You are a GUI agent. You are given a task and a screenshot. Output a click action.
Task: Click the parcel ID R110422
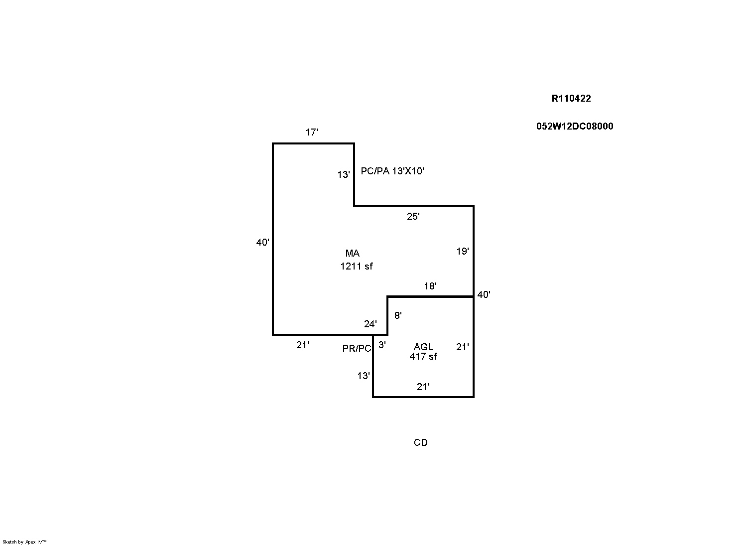coord(571,99)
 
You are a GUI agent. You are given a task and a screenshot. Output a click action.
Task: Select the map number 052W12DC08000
coord(575,127)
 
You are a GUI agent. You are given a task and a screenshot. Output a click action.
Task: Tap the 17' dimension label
coord(312,133)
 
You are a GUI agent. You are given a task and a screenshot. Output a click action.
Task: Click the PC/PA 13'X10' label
coord(392,171)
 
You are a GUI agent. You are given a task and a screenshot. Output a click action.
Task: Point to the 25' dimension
coord(413,217)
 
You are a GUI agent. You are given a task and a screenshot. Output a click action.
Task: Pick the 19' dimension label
coord(463,252)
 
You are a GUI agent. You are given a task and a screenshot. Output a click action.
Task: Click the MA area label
coord(352,254)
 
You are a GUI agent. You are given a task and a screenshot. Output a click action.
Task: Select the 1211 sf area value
coord(356,267)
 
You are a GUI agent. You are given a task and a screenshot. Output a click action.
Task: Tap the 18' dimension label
coord(430,286)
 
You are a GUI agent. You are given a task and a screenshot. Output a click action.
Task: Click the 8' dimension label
coord(398,315)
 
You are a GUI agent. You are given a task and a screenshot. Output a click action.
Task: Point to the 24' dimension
coord(370,324)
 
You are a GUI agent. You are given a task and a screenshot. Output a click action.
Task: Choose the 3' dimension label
coord(382,345)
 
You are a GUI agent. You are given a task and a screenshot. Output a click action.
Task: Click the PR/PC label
coord(357,349)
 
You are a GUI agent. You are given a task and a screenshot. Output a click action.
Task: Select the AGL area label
coord(423,347)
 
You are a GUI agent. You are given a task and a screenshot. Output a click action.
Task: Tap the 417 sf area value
coord(423,357)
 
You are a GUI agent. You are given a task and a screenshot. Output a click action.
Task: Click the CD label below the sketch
coord(420,443)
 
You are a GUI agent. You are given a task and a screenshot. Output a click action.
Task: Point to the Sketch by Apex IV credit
coord(24,542)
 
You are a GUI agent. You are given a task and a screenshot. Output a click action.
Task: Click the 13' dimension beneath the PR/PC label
coord(364,376)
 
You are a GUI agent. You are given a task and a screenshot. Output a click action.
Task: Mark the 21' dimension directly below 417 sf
coord(423,387)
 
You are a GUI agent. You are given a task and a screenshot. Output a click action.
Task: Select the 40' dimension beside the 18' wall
coord(484,295)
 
